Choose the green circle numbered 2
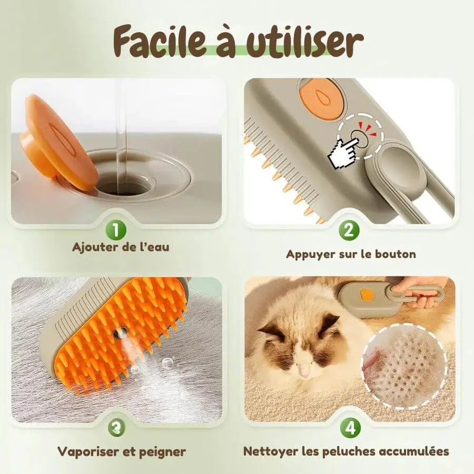point(349,230)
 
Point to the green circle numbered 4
point(350,428)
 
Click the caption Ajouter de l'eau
point(121,247)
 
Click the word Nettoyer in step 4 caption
point(270,451)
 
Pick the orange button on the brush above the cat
point(367,293)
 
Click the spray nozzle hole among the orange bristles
point(117,333)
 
